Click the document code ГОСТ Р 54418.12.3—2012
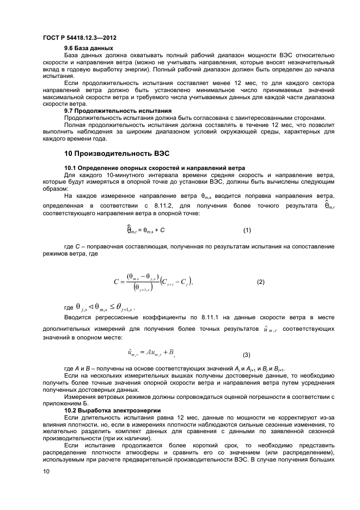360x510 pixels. coord(79,38)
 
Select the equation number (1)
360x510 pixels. coord(247,230)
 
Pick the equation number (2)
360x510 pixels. coord(260,282)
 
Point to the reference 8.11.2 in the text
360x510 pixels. coord(157,205)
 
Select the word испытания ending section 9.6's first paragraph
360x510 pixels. coord(56,76)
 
